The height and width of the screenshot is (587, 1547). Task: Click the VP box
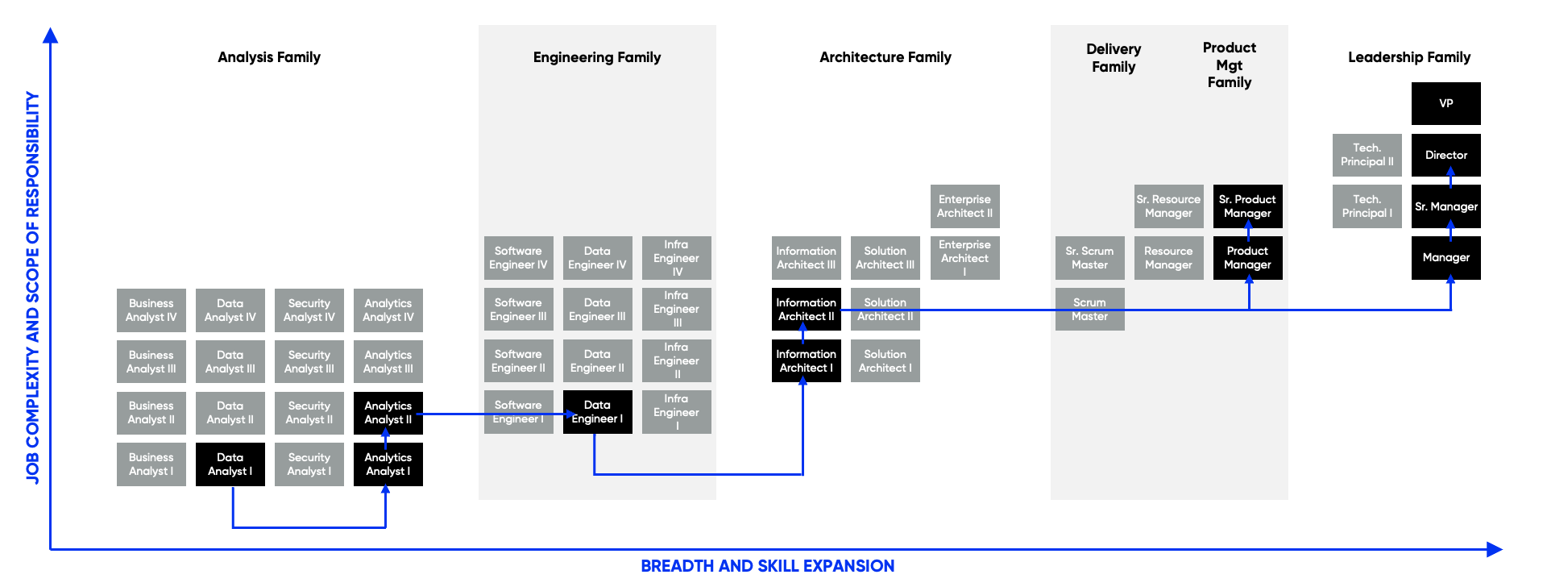(1445, 103)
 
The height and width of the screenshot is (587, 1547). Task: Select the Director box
(1445, 155)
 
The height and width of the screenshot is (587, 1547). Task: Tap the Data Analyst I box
(230, 464)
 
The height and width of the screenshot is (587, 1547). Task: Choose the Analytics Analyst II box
(388, 413)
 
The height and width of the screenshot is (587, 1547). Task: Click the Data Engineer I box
(597, 412)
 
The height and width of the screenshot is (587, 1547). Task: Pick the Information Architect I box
(806, 361)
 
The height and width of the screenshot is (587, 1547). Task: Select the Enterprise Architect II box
(964, 206)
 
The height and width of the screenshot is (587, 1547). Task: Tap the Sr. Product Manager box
(1247, 206)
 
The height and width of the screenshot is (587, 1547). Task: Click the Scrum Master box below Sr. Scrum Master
(1089, 310)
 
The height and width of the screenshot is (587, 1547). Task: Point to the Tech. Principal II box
(1367, 155)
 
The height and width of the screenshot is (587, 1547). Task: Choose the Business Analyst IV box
(151, 310)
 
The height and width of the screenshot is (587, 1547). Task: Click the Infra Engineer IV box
(676, 258)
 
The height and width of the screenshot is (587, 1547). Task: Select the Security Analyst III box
(309, 362)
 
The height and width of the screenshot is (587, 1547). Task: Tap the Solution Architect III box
(885, 258)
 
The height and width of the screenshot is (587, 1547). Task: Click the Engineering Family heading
(597, 57)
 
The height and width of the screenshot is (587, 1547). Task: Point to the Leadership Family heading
(1408, 57)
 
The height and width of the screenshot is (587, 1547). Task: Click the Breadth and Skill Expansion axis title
(767, 566)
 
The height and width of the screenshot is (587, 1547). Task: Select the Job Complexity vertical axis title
(32, 287)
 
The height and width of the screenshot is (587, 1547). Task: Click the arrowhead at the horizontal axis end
(1495, 550)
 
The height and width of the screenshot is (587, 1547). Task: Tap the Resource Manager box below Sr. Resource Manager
(1168, 258)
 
